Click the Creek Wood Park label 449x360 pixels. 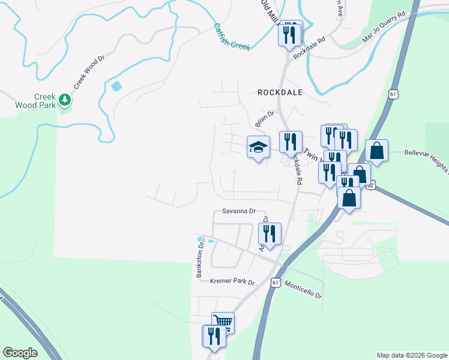[44, 100]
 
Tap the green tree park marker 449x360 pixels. [64, 100]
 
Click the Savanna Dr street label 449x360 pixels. [239, 211]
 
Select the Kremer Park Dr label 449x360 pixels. [233, 282]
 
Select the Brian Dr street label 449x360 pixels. [264, 118]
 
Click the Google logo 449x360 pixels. [20, 353]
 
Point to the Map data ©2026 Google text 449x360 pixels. [412, 355]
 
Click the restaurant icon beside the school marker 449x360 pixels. [291, 143]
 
